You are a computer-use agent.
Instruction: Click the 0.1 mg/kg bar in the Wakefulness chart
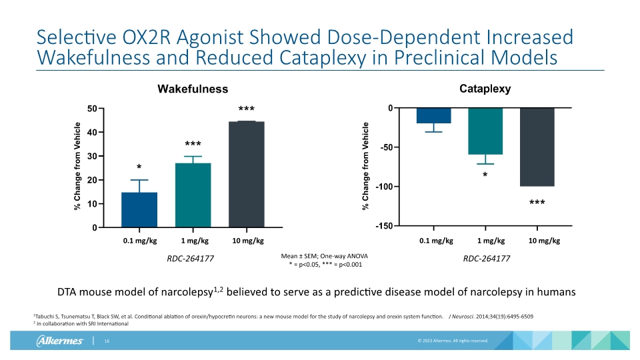coord(139,210)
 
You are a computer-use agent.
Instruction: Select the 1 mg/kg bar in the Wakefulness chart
coord(193,195)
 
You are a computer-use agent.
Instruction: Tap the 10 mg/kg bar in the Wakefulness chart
coord(246,175)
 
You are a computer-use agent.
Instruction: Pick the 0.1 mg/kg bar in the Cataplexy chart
coord(434,115)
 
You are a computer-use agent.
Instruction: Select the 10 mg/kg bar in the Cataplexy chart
coord(537,147)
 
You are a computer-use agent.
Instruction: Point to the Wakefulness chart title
coord(193,89)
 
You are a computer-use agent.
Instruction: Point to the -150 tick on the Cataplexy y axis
coord(383,227)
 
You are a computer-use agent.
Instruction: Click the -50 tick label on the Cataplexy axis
coord(385,147)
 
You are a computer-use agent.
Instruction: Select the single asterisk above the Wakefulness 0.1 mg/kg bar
coord(139,167)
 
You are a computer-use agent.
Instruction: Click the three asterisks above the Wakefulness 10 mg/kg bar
coord(246,109)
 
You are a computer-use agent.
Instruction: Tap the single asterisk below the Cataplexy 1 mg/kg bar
coord(485,175)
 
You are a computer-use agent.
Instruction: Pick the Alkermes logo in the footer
coord(59,342)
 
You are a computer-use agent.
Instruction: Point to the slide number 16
coord(106,341)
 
